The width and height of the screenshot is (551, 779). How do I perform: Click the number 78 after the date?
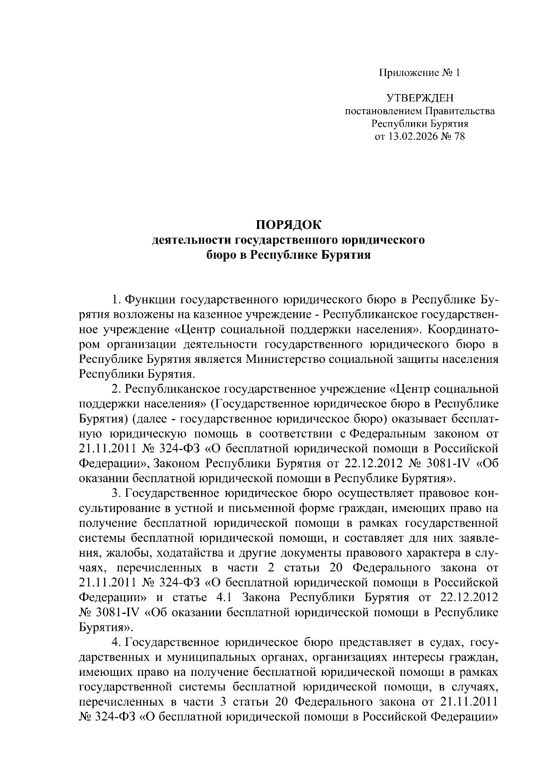[459, 136]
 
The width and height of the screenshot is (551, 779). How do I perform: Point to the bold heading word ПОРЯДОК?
[289, 225]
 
